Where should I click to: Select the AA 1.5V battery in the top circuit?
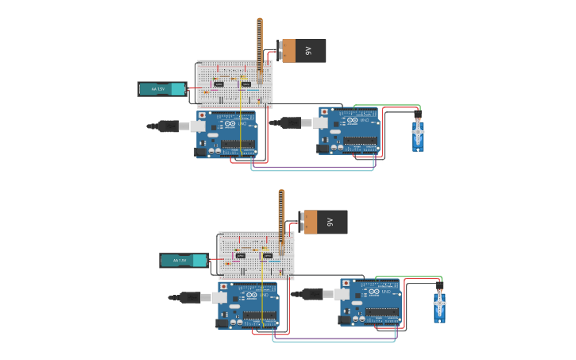[x=162, y=89]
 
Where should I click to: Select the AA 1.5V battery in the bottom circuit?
[x=184, y=260]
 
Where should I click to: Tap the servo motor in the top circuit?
[x=418, y=134]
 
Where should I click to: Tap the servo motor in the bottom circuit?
[x=439, y=305]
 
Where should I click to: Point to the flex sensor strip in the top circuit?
[x=259, y=48]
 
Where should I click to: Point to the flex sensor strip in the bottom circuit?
[x=280, y=219]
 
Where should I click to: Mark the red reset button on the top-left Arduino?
[x=202, y=115]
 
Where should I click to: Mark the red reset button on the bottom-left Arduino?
[x=223, y=286]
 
